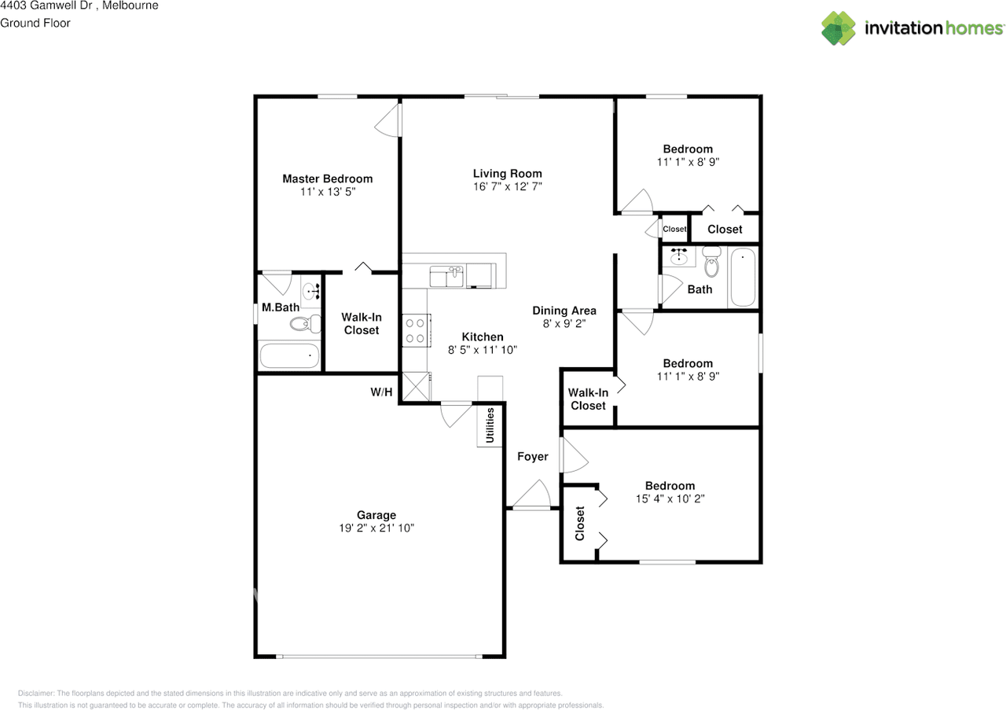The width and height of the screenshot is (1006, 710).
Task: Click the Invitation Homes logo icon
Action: point(838,28)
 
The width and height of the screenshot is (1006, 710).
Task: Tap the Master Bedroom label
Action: point(328,178)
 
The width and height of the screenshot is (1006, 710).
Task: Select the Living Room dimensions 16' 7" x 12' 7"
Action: point(508,186)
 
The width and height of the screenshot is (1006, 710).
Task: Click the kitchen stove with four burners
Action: point(416,330)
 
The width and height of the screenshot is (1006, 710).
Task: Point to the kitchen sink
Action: point(446,276)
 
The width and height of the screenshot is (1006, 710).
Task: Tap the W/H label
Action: point(381,392)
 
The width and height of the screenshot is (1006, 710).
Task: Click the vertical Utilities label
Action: point(490,425)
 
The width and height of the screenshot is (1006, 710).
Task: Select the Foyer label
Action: point(533,457)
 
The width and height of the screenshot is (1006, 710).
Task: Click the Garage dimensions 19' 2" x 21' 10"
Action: point(376,528)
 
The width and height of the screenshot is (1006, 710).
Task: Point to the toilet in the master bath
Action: point(306,323)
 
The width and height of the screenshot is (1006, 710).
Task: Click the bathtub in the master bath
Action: point(290,356)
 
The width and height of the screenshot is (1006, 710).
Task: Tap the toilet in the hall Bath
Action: point(711,262)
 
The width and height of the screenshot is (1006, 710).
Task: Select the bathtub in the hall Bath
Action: point(743,278)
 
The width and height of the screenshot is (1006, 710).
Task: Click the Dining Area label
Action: point(564,311)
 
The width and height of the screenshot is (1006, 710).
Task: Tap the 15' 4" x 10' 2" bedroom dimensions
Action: point(670,498)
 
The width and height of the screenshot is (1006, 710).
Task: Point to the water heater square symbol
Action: point(416,387)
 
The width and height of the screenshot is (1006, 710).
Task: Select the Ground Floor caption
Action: point(35,23)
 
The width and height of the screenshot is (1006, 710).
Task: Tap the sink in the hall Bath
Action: point(678,256)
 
